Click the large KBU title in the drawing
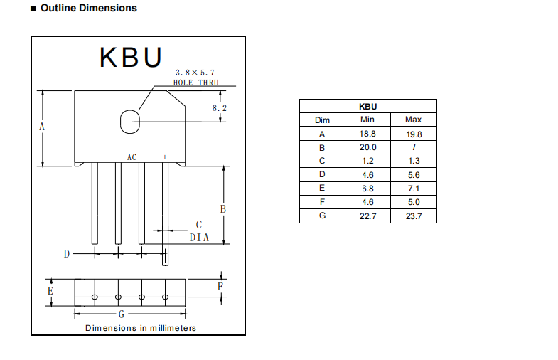point(131,57)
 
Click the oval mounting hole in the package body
point(129,122)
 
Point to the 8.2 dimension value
point(220,108)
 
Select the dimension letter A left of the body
point(42,127)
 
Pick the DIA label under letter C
point(199,238)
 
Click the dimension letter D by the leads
point(67,254)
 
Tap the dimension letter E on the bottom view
point(50,292)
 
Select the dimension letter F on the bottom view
point(220,287)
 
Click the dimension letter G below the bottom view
point(122,314)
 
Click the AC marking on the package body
point(132,157)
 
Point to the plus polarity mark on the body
point(165,157)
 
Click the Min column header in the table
point(367,120)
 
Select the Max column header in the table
point(413,120)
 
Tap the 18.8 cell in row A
point(367,134)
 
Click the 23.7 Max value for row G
point(413,216)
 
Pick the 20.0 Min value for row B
point(367,147)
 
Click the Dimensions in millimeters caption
point(141,328)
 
